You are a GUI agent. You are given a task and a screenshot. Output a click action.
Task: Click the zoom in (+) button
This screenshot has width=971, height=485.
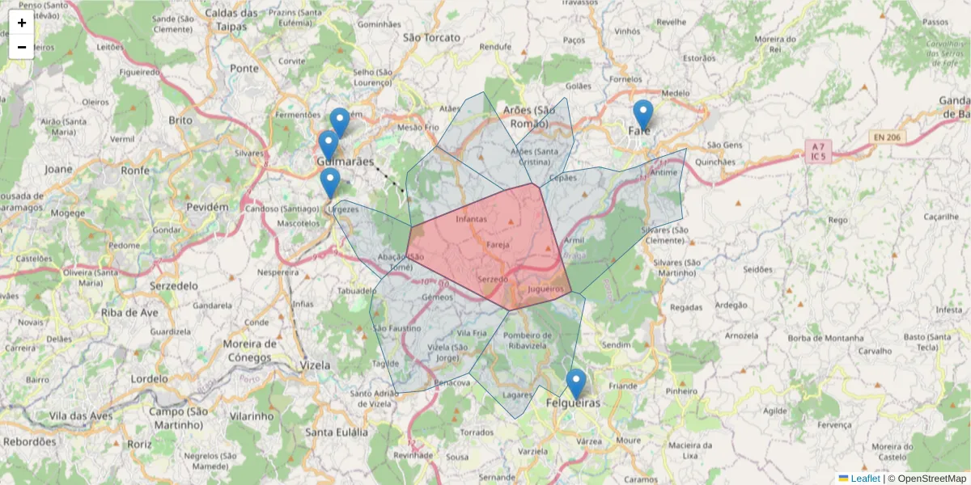(x=22, y=23)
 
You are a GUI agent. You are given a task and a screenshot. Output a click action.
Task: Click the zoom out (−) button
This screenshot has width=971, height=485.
(x=22, y=47)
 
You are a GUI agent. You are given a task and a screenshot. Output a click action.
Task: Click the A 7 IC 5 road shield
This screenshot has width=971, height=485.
(x=818, y=151)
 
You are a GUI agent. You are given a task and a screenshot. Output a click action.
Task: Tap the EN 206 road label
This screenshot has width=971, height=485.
(x=889, y=138)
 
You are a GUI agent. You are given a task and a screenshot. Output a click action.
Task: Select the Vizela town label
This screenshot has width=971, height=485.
(x=315, y=365)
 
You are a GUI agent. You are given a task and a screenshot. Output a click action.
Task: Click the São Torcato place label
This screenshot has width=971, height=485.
(x=431, y=37)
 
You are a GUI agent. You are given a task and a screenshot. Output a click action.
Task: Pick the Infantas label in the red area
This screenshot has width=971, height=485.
(x=472, y=219)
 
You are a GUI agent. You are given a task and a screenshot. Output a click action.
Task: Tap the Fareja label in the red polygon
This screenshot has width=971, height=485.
(x=498, y=244)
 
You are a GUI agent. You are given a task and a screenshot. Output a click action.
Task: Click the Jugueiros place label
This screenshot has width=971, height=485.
(x=545, y=289)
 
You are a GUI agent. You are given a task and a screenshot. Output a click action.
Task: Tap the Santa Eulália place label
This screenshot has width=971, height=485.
(x=336, y=432)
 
